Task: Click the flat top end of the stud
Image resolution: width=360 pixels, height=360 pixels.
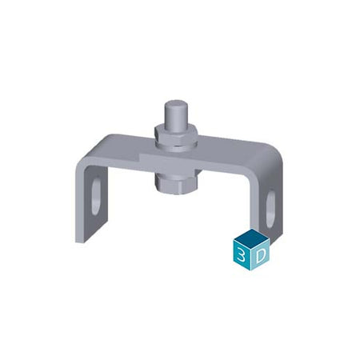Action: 174,103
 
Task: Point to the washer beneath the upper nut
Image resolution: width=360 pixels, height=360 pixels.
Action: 177,146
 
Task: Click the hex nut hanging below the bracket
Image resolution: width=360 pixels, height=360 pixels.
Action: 176,183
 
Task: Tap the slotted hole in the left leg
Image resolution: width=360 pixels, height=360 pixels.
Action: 96,196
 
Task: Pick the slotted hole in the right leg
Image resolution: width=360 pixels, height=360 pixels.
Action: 270,209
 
